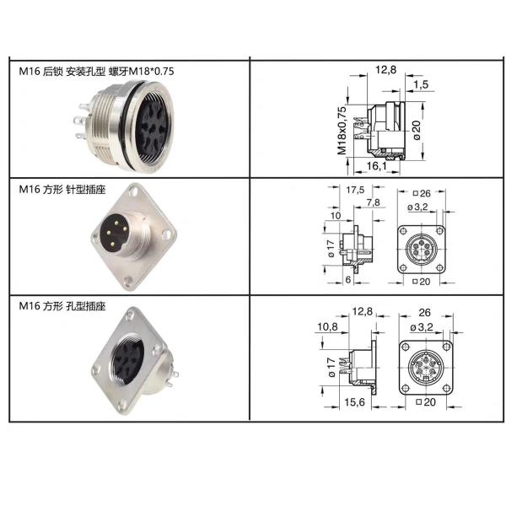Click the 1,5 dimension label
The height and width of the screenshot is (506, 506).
(422, 83)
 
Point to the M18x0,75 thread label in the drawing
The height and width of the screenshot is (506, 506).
(343, 131)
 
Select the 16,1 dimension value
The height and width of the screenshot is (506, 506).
(375, 166)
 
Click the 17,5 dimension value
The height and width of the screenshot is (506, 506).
(357, 191)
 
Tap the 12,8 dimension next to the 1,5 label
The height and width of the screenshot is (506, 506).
(385, 69)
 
